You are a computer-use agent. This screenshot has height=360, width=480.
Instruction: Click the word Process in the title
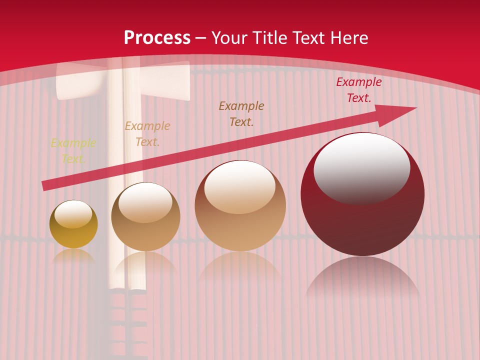(157, 38)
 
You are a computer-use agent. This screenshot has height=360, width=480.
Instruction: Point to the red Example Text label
(358, 90)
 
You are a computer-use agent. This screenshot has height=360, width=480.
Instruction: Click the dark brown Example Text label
(241, 114)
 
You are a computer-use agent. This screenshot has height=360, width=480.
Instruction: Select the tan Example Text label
(147, 134)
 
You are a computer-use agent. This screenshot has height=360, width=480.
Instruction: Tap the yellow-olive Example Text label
(73, 151)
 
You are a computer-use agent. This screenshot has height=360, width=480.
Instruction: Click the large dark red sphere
(362, 220)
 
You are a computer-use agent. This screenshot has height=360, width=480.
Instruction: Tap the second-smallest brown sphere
(145, 235)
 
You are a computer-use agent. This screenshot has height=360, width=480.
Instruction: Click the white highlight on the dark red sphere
(361, 167)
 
